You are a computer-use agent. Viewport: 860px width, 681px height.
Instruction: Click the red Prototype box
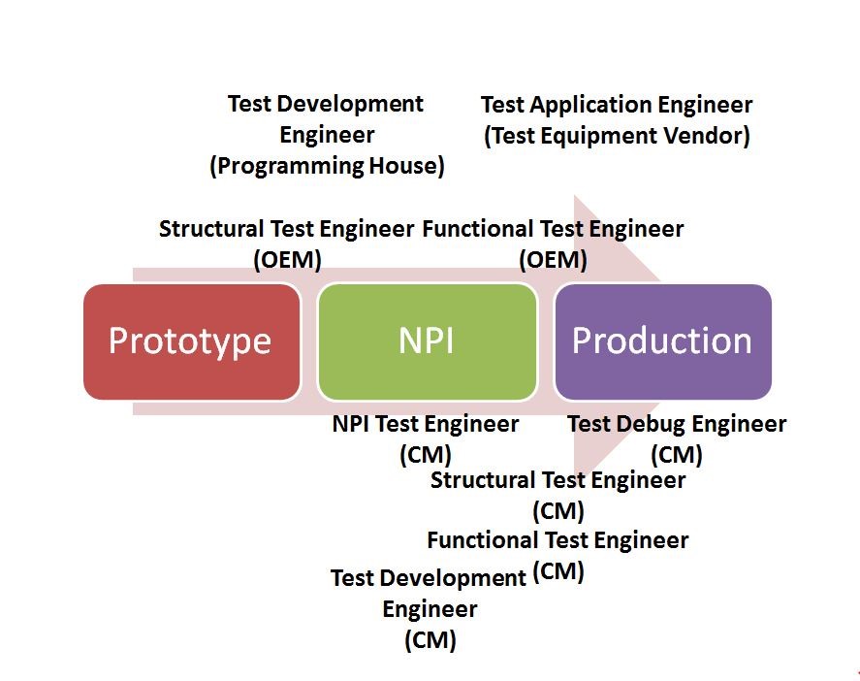[x=191, y=341]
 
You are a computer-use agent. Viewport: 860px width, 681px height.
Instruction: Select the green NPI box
[x=427, y=341]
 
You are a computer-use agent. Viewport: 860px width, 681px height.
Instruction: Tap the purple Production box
[x=662, y=341]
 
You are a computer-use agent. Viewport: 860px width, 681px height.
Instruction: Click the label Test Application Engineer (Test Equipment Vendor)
[x=617, y=120]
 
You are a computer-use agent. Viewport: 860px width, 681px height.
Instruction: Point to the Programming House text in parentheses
[x=328, y=166]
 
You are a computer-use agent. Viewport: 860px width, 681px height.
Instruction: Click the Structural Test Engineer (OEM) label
[x=287, y=243]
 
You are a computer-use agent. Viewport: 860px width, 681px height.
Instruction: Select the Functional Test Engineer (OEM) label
[x=553, y=243]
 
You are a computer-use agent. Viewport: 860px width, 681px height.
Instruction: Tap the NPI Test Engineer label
[x=426, y=425]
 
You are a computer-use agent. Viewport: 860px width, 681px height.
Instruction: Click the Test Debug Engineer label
[x=677, y=425]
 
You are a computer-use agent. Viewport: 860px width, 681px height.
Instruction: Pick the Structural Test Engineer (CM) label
[x=557, y=494]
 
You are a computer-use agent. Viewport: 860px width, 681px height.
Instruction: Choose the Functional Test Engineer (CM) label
[x=557, y=554]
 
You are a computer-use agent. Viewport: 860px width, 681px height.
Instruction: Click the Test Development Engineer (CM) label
[x=429, y=608]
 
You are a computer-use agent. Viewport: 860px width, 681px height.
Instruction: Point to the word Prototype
[x=190, y=341]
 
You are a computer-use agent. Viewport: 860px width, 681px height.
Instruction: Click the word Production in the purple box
[x=662, y=341]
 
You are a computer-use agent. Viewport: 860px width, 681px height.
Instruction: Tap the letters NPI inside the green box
[x=427, y=341]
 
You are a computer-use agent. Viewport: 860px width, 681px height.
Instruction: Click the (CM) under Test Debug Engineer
[x=677, y=454]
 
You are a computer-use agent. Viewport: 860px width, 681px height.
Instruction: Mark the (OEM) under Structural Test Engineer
[x=287, y=260]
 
